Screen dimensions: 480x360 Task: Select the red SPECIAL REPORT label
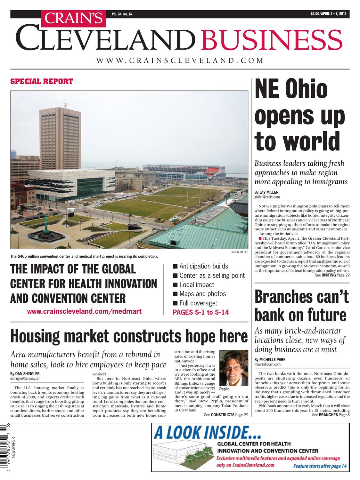tap(42, 81)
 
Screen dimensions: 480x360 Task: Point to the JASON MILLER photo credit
tap(239, 252)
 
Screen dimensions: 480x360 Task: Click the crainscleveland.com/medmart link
tap(84, 311)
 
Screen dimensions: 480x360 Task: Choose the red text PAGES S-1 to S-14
tap(201, 312)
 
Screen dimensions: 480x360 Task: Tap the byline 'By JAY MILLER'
tap(266, 192)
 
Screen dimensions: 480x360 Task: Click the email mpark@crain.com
tap(267, 364)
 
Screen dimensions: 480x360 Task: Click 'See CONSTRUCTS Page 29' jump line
tap(226, 415)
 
